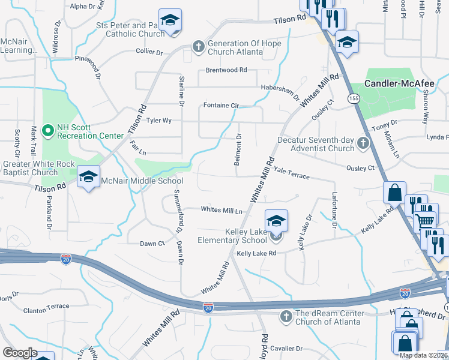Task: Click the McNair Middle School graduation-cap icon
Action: tap(88, 176)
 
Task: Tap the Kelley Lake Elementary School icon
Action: tap(276, 221)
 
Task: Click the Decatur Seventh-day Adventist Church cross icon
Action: tap(363, 143)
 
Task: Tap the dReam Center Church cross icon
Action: tap(286, 316)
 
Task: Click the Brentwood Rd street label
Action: tap(226, 70)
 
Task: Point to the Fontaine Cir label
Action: tap(221, 106)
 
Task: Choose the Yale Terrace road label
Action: tap(292, 173)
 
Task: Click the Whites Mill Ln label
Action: tap(221, 210)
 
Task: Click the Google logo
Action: tap(20, 352)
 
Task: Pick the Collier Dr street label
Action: tap(149, 52)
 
